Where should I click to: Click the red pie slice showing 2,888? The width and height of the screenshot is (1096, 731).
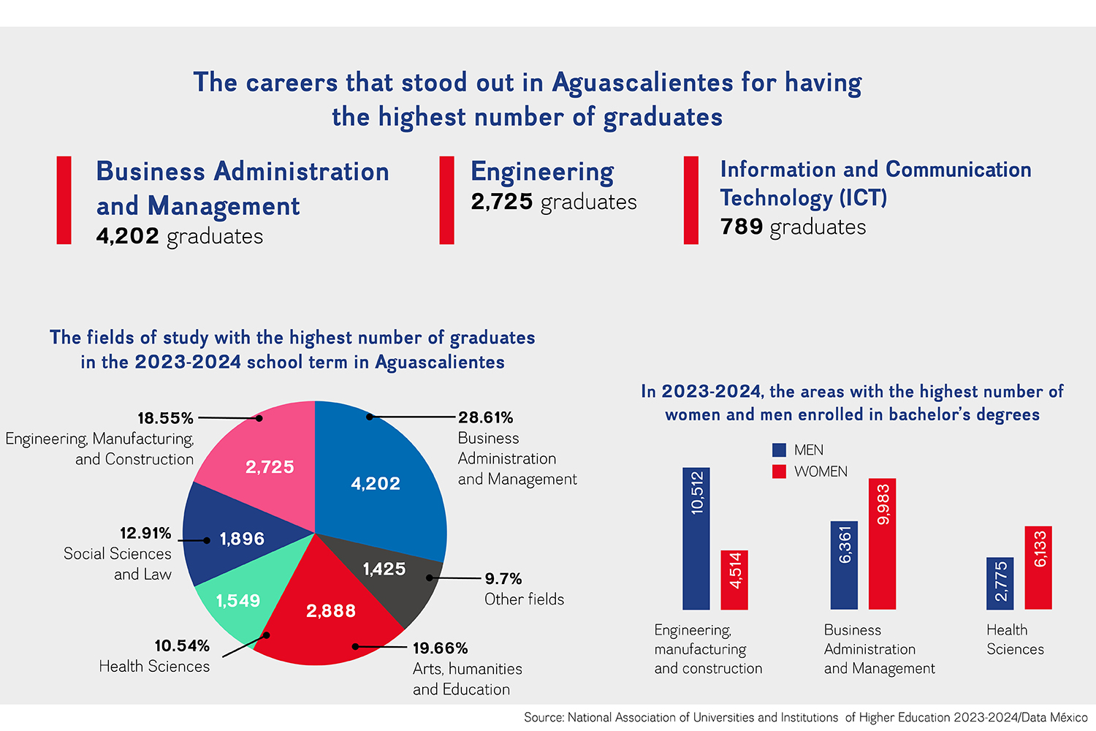click(329, 621)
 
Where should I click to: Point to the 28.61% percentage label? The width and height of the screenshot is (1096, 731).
click(486, 417)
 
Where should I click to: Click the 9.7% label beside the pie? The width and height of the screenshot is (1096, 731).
click(503, 579)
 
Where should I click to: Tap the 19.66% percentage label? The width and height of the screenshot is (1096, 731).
click(440, 648)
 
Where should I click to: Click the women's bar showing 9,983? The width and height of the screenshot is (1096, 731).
click(882, 544)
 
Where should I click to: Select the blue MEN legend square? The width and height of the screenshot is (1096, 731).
click(779, 450)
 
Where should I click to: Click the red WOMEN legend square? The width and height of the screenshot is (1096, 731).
click(779, 471)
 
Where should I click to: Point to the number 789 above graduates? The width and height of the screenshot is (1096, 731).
click(742, 227)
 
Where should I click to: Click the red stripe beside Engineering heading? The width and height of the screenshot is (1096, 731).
click(446, 200)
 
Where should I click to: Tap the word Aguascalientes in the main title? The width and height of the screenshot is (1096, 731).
click(642, 83)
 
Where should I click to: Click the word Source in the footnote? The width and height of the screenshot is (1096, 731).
click(543, 718)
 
